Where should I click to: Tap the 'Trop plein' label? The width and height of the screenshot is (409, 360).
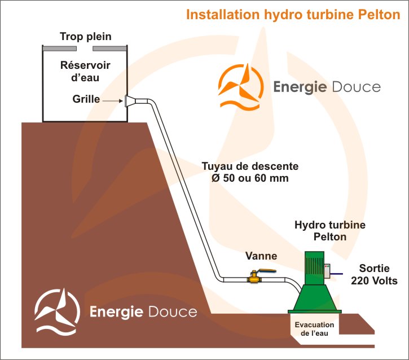pos(85,37)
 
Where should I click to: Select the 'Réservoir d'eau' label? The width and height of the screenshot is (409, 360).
pos(85,72)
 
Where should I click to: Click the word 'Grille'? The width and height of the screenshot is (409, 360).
pos(86,99)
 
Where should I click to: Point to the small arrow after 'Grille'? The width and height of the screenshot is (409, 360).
pos(115,101)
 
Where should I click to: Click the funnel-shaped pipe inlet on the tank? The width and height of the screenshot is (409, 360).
pos(131,101)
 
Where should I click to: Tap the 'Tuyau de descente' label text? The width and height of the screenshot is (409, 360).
pos(250,167)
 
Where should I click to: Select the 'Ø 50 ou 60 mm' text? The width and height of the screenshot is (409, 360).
pos(245,179)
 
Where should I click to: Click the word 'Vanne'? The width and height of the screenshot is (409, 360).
pos(261,256)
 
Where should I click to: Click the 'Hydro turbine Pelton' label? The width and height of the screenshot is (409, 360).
pos(330,231)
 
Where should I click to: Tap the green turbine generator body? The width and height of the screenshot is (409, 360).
pos(316,270)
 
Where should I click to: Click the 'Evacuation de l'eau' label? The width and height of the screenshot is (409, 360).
pos(315,328)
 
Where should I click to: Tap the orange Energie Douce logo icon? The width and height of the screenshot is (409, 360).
pos(239,86)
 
